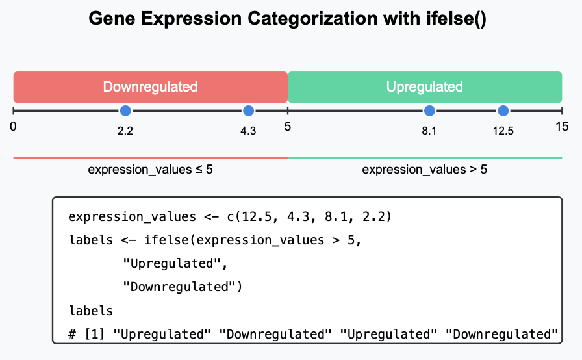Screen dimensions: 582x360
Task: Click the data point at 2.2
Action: pyautogui.click(x=125, y=110)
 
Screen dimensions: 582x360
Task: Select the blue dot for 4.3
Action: pyautogui.click(x=248, y=110)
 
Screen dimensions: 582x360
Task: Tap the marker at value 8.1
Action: pyautogui.click(x=429, y=110)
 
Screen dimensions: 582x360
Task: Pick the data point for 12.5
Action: pyautogui.click(x=503, y=110)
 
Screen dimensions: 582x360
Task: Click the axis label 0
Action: pyautogui.click(x=14, y=127)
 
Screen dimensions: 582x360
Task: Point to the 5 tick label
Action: pyautogui.click(x=288, y=127)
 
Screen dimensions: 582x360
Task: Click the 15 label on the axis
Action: pyautogui.click(x=562, y=127)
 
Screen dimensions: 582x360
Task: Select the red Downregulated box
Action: pyautogui.click(x=150, y=87)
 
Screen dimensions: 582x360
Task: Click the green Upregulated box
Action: pyautogui.click(x=425, y=87)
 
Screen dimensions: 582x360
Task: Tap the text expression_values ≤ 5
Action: pyautogui.click(x=150, y=170)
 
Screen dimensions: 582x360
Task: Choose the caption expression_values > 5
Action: pyautogui.click(x=425, y=170)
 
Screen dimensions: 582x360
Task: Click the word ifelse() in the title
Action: pyautogui.click(x=456, y=19)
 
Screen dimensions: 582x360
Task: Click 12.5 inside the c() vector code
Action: pyautogui.click(x=257, y=216)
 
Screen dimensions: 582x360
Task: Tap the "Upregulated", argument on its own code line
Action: pyautogui.click(x=175, y=264)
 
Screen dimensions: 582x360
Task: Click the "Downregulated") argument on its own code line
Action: pyautogui.click(x=183, y=287)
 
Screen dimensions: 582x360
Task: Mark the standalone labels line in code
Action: pyautogui.click(x=91, y=311)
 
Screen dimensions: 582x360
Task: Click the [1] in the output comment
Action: pyautogui.click(x=95, y=334)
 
